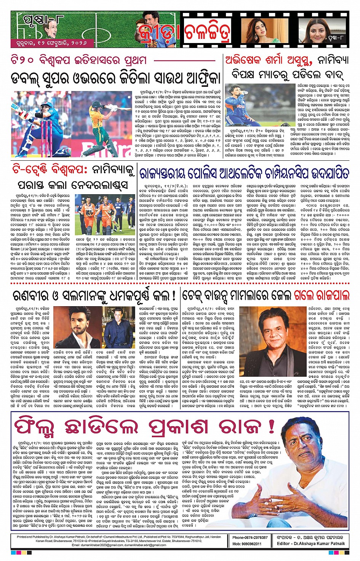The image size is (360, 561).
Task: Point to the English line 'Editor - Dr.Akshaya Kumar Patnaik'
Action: point(311,543)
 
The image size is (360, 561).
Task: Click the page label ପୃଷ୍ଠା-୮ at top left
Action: point(38,19)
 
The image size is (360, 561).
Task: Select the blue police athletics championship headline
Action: point(244,174)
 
